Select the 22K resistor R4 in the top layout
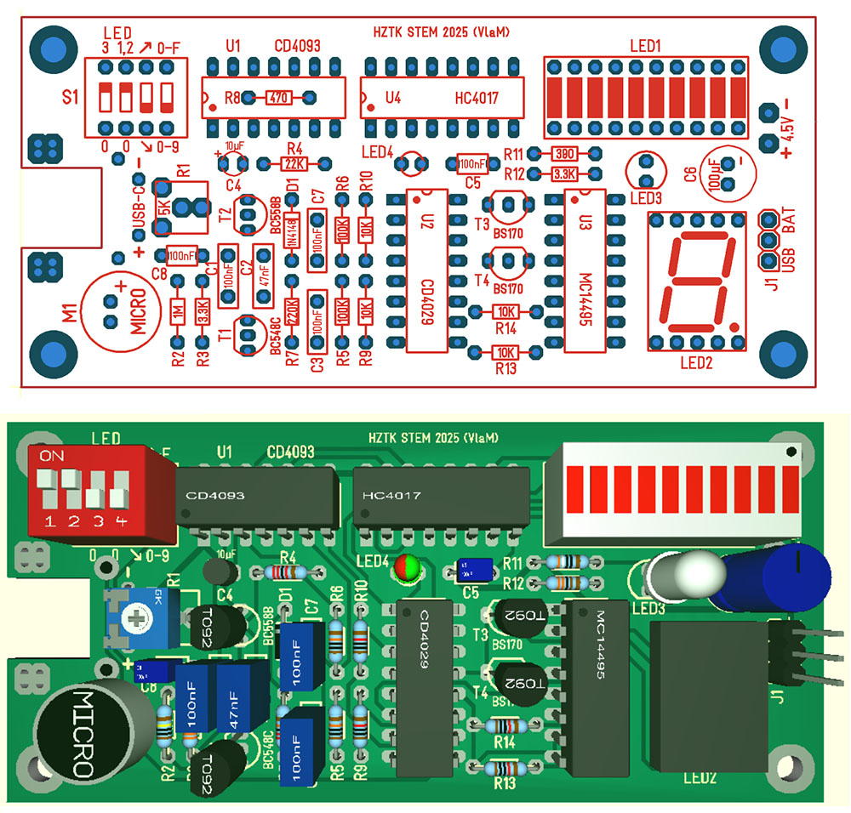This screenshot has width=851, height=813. coord(294,162)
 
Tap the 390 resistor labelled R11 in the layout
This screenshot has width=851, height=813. coord(562,154)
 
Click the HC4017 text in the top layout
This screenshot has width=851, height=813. coord(477,99)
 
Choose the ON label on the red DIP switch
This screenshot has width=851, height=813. coord(53,456)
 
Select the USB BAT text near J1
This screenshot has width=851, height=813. coord(789,243)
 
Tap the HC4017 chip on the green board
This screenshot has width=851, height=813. coord(442,496)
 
